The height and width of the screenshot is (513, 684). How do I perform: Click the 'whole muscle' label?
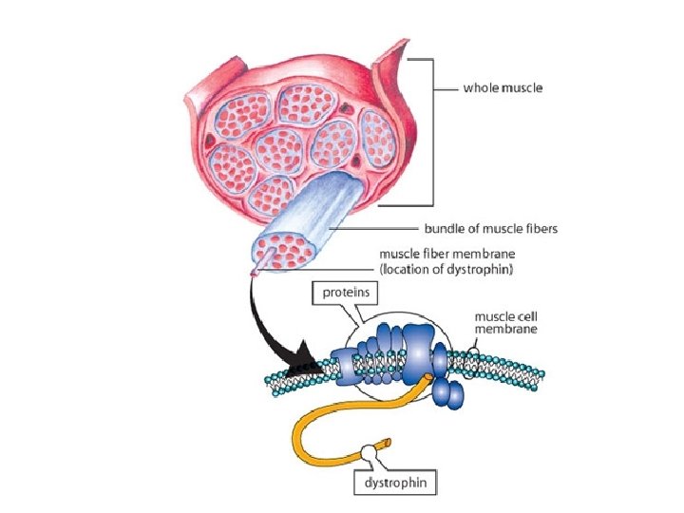click(503, 88)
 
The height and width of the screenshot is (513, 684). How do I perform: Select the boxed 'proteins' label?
click(339, 294)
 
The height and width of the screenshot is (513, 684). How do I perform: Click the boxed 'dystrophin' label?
click(396, 483)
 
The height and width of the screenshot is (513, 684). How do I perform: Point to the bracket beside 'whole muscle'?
click(431, 133)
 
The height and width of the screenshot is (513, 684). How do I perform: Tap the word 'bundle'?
click(441, 229)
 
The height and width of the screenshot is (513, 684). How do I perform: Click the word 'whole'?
click(480, 88)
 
